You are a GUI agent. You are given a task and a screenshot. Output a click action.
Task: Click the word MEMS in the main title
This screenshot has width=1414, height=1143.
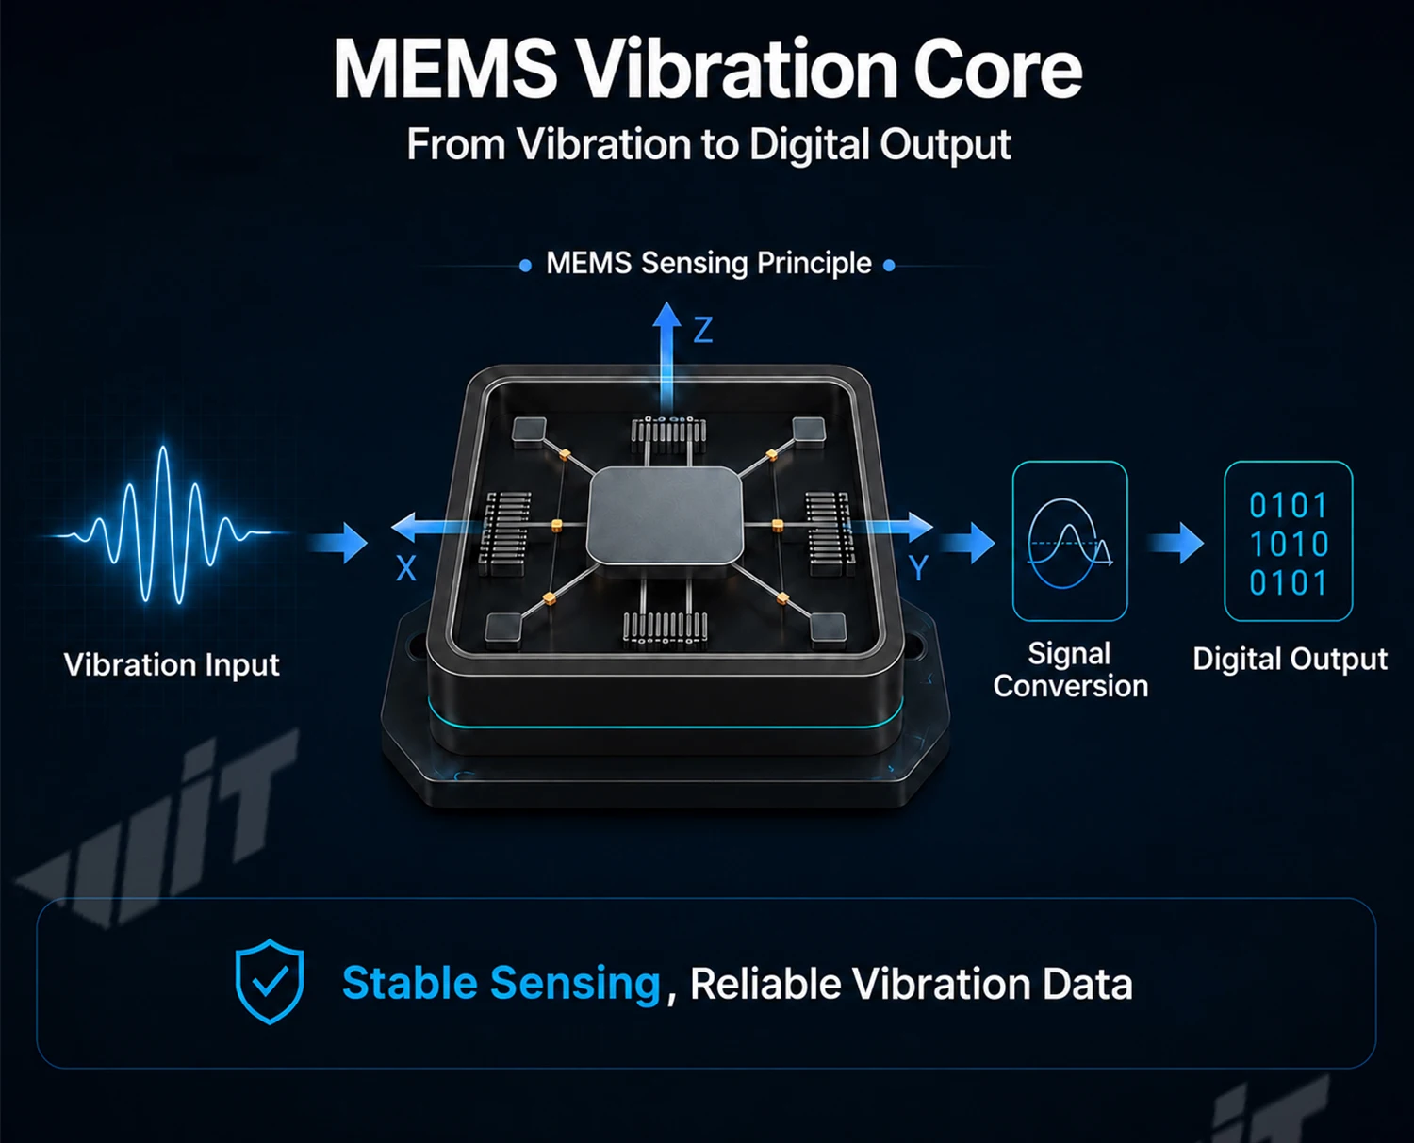pyautogui.click(x=446, y=70)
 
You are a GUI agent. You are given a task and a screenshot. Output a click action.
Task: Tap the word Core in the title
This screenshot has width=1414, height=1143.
pyautogui.click(x=997, y=70)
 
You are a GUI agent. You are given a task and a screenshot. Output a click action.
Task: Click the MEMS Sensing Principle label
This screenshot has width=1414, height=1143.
pyautogui.click(x=708, y=263)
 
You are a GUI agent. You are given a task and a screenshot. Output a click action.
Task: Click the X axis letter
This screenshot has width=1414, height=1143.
pyautogui.click(x=405, y=568)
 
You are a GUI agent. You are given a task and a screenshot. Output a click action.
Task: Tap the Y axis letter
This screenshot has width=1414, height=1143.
pyautogui.click(x=918, y=568)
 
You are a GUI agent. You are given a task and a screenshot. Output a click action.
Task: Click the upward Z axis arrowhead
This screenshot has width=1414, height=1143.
pyautogui.click(x=666, y=315)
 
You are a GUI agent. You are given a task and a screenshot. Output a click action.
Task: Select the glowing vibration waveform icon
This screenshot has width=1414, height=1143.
pyautogui.click(x=164, y=524)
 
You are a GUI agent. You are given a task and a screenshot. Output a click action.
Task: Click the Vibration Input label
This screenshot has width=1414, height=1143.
pyautogui.click(x=172, y=664)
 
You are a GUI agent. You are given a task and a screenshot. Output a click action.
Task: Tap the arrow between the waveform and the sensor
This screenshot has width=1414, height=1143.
pyautogui.click(x=337, y=543)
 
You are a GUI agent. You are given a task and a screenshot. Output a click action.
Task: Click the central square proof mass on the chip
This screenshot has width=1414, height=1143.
pyautogui.click(x=665, y=516)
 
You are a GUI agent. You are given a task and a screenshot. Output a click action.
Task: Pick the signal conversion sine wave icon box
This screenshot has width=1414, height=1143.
pyautogui.click(x=1070, y=541)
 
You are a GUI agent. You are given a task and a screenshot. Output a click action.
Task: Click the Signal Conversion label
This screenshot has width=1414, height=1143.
pyautogui.click(x=1070, y=670)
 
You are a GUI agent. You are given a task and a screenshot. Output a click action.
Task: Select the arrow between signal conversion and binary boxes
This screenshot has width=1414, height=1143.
pyautogui.click(x=1175, y=543)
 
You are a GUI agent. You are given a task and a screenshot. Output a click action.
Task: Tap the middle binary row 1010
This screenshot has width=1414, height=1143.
pyautogui.click(x=1289, y=544)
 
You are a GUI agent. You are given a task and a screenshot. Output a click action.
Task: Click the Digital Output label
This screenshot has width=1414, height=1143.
pyautogui.click(x=1290, y=660)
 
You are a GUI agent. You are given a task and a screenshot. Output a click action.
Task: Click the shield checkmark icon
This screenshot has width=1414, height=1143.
pyautogui.click(x=270, y=982)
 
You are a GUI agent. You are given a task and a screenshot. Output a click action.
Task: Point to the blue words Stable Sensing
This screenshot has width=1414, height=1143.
pyautogui.click(x=501, y=983)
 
